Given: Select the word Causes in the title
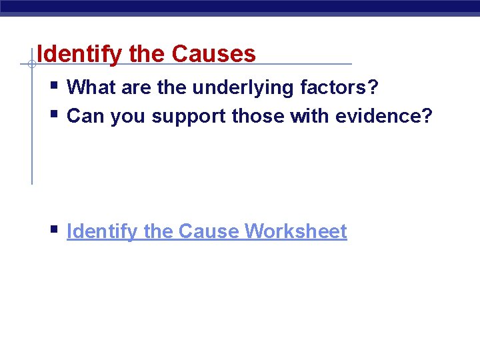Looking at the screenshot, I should tap(214, 54).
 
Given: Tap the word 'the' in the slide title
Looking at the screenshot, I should tap(148, 54).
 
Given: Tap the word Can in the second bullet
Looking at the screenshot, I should tap(87, 116).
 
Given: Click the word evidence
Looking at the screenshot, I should tap(384, 116).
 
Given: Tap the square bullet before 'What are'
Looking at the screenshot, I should tap(53, 85).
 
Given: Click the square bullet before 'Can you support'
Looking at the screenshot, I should tap(53, 114).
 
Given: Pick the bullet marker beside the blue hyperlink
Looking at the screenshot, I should tap(53, 229).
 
